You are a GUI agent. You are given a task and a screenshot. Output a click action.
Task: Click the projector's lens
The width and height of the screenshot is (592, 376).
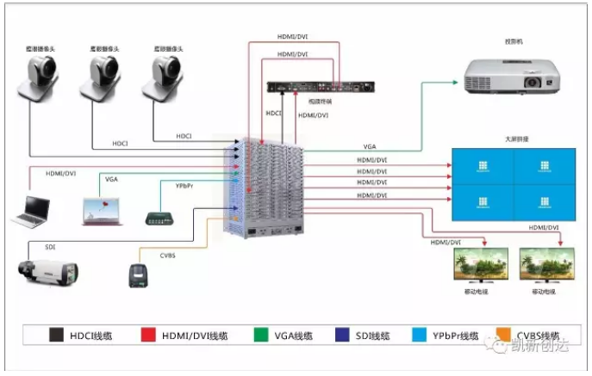[x=532, y=82]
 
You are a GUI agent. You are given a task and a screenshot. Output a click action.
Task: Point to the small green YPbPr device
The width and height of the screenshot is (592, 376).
[x=161, y=217]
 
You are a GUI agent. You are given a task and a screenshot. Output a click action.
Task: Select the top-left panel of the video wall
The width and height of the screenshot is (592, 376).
[x=483, y=166]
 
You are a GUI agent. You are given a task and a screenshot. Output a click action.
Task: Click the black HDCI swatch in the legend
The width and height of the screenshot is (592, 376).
[x=56, y=336]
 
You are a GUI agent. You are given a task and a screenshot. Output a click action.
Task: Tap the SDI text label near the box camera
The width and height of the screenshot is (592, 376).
[x=50, y=247]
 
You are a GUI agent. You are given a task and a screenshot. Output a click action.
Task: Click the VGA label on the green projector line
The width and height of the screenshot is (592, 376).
[x=370, y=146]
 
